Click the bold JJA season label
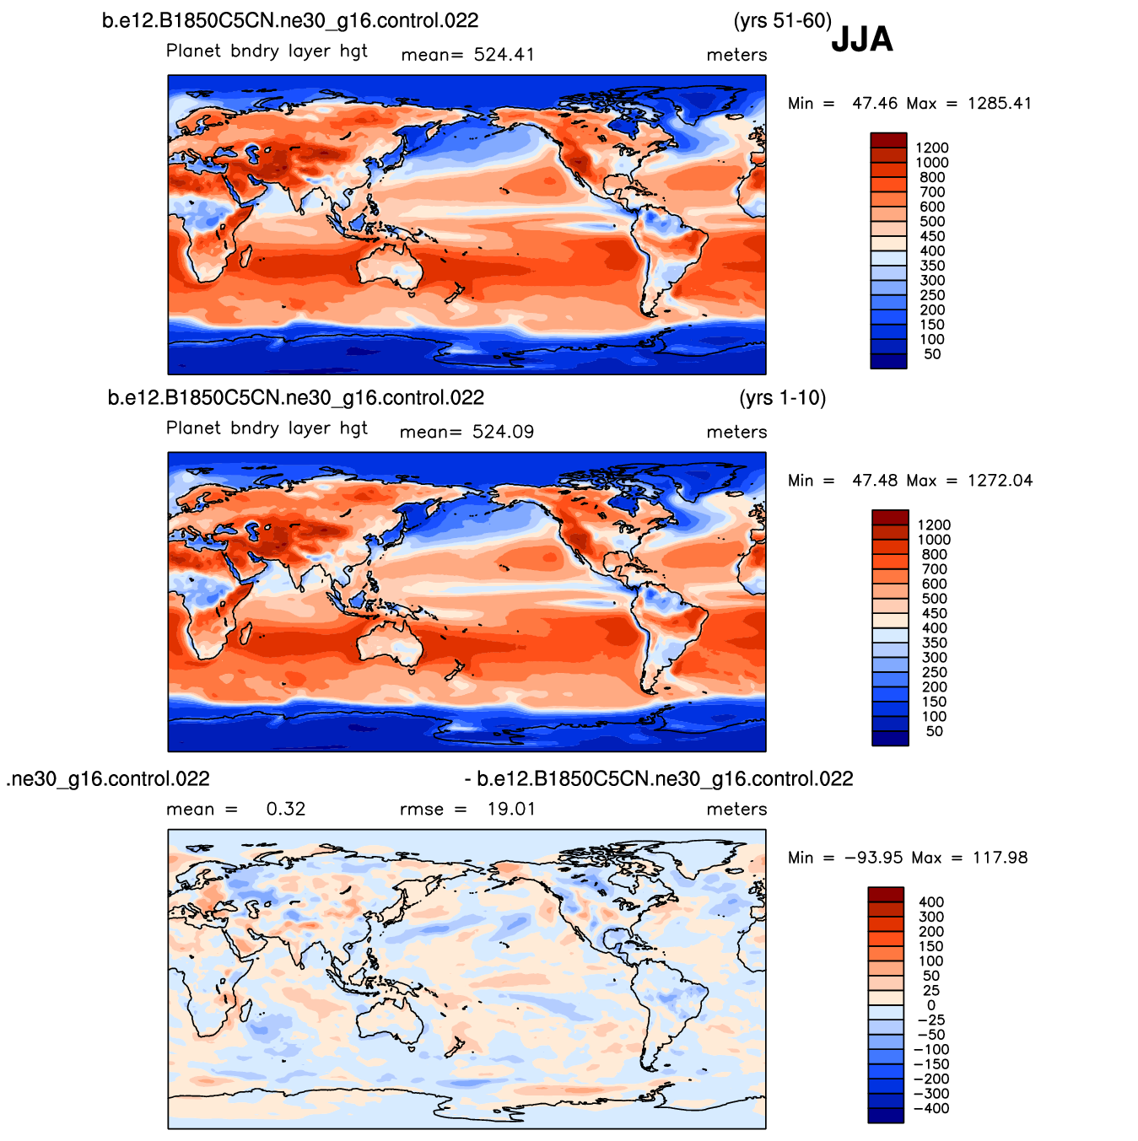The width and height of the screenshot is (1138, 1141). tap(861, 40)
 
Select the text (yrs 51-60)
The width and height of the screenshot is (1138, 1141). tap(782, 20)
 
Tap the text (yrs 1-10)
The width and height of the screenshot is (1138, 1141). tap(782, 397)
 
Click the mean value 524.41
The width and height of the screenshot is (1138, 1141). tap(504, 55)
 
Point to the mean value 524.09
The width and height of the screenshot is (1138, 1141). tap(503, 432)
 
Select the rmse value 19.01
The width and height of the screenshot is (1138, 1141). tap(511, 810)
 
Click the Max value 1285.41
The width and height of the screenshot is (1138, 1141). tap(1000, 104)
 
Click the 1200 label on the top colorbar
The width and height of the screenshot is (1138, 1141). tap(932, 148)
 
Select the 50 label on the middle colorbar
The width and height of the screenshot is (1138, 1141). tap(934, 731)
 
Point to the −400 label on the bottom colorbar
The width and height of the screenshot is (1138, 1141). tap(930, 1108)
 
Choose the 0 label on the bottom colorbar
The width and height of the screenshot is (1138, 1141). tap(930, 1005)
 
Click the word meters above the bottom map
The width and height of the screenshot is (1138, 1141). tap(736, 810)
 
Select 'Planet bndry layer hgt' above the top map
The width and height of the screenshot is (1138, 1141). tap(267, 51)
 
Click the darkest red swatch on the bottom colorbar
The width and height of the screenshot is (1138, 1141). tap(885, 894)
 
